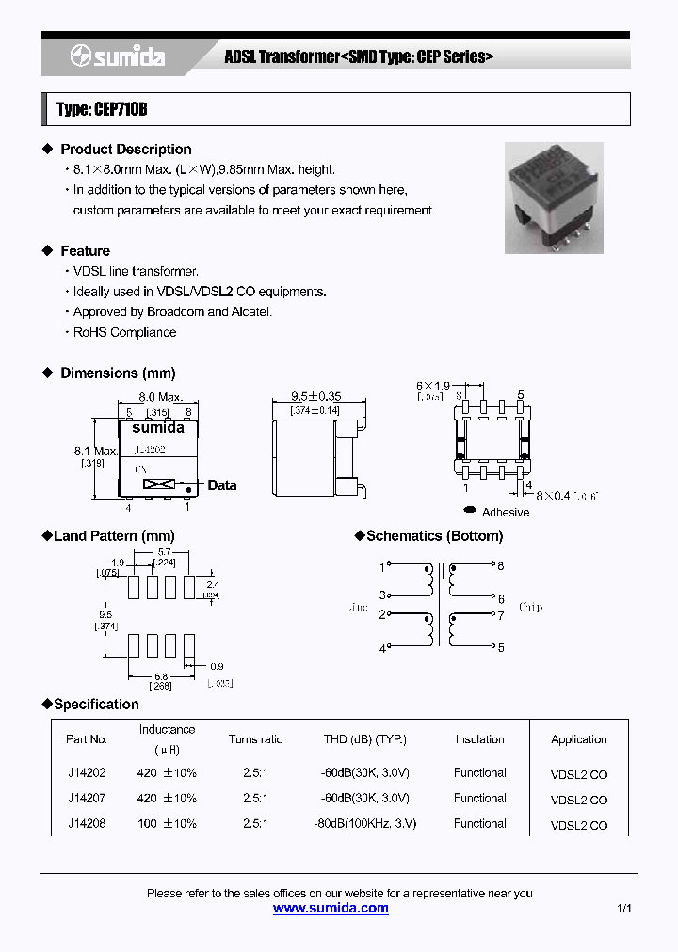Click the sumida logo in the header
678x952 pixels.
coord(117,57)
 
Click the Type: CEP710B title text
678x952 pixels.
coord(102,110)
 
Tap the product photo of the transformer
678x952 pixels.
coord(554,198)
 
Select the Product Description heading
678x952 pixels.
coord(125,150)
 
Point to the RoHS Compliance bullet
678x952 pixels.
coord(124,332)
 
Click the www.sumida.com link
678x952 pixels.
coord(331,908)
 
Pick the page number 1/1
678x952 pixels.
coord(623,909)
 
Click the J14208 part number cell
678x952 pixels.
coord(87,823)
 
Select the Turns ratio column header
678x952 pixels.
coord(255,739)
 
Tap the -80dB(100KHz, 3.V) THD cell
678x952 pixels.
coord(364,823)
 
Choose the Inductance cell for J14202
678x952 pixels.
coord(167,773)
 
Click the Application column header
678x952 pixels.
coord(579,739)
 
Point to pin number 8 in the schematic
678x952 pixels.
coord(500,566)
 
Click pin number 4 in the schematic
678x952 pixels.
coord(382,649)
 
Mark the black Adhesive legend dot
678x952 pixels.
coord(469,511)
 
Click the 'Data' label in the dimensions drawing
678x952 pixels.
coord(222,485)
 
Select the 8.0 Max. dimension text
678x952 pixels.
coord(161,398)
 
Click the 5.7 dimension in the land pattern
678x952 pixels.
coord(163,552)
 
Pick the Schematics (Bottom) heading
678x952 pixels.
coord(434,536)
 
